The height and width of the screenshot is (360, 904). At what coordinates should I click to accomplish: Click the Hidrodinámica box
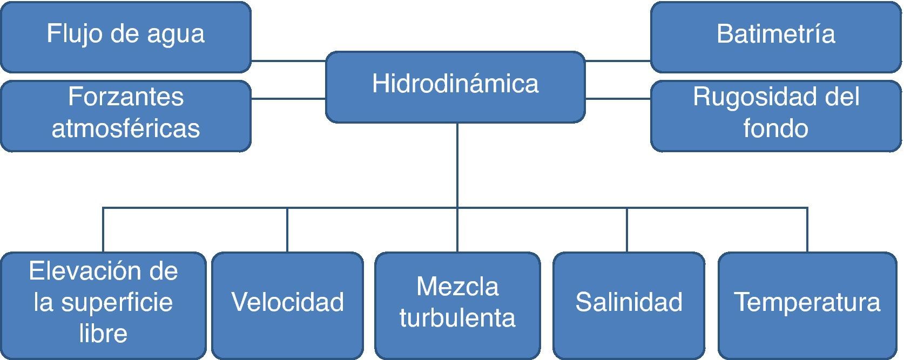coord(455,86)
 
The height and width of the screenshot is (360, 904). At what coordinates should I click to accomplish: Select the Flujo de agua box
coord(125,36)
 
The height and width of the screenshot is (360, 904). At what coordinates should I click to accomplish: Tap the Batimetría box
coord(775,36)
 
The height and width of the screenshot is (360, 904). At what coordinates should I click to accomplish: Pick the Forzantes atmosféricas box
coord(125,115)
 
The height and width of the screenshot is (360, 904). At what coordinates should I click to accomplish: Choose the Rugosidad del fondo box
coord(775,115)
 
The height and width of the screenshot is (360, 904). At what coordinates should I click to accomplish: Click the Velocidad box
coord(287,305)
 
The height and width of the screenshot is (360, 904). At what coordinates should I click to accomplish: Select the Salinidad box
coord(629,305)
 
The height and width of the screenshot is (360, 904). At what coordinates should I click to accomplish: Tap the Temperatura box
coord(807,305)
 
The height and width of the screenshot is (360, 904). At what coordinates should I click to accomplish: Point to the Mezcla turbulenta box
coord(457,305)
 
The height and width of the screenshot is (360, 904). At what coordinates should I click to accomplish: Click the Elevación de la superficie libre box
coord(103,305)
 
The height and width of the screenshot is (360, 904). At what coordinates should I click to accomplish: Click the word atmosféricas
coord(125,129)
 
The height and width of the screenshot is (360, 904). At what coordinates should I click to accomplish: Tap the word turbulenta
coord(457,318)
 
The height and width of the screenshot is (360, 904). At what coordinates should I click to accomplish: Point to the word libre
coord(103,334)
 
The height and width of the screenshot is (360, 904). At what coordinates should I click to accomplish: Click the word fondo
coord(775,129)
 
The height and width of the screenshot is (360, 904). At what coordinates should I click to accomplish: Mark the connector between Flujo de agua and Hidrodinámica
coord(288,61)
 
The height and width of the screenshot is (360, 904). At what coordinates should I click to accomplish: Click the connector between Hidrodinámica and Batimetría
coord(618,61)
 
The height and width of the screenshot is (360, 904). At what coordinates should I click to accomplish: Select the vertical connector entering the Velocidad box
coord(287,230)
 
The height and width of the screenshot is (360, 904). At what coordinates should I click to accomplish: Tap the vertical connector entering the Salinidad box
coord(627,230)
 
